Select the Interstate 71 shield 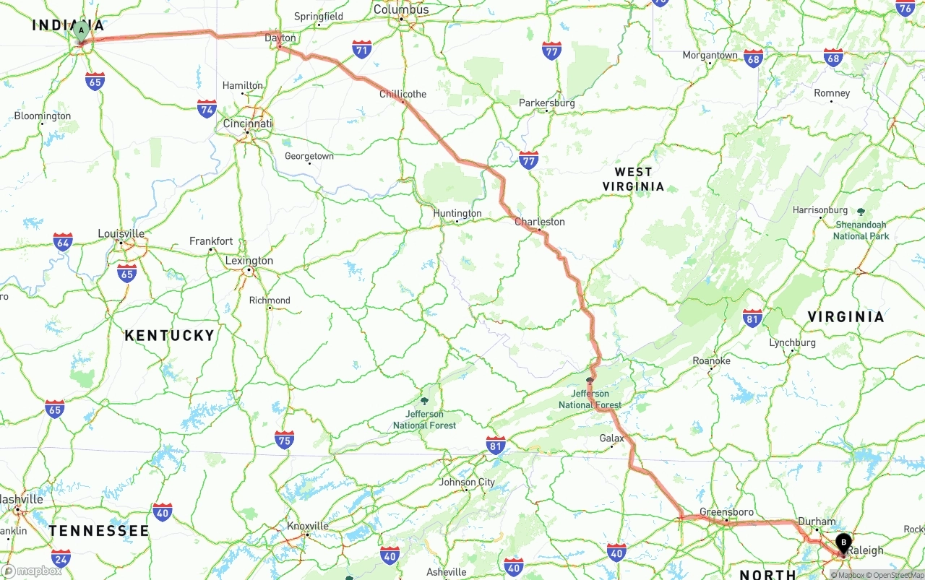(x=362, y=50)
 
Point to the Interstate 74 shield (x=207, y=109)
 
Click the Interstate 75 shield (x=284, y=439)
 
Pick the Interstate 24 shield (x=61, y=558)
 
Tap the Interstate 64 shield (x=63, y=242)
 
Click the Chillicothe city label (x=403, y=94)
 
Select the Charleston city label (x=539, y=222)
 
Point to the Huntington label (x=457, y=213)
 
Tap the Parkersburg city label (x=546, y=103)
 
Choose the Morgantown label (x=710, y=55)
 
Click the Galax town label (x=611, y=438)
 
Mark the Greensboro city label (x=726, y=512)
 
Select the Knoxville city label (x=307, y=526)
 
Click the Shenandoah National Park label (x=861, y=230)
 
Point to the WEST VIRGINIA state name (x=633, y=178)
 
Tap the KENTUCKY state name (x=169, y=335)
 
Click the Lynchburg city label (x=792, y=342)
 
